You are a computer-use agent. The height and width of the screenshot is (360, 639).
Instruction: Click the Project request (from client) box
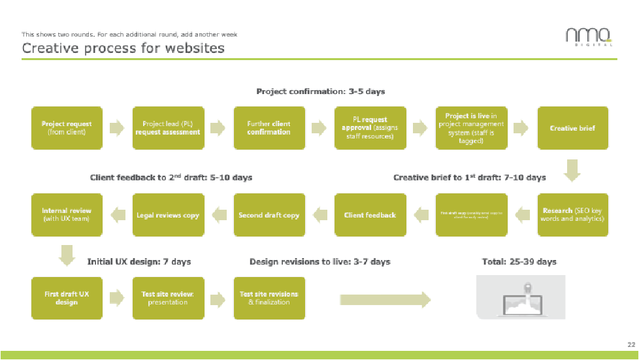(x=67, y=128)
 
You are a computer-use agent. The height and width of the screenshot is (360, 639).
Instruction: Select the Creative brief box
(x=572, y=128)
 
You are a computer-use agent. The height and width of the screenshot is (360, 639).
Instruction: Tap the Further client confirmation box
(x=269, y=128)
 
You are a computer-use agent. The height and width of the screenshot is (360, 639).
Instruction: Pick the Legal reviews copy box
(x=168, y=215)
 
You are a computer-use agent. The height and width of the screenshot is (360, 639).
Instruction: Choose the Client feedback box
(x=370, y=215)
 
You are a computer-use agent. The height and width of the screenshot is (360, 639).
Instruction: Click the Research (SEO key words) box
(x=572, y=215)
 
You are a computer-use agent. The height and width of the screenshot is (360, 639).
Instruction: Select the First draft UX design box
(x=67, y=298)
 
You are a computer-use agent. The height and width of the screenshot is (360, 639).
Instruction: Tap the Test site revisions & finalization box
(x=269, y=298)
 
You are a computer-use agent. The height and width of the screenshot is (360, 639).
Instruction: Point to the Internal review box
(x=67, y=215)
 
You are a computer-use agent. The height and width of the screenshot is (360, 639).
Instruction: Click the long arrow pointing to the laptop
(x=385, y=299)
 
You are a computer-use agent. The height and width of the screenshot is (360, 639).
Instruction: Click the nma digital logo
(x=589, y=37)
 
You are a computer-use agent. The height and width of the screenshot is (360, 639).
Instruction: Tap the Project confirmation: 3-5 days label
(x=320, y=91)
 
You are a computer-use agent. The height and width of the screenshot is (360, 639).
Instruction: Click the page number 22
(x=631, y=344)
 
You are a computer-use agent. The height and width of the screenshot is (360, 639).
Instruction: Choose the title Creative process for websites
(x=123, y=48)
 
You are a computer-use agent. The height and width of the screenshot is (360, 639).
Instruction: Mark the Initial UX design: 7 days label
(x=139, y=262)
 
